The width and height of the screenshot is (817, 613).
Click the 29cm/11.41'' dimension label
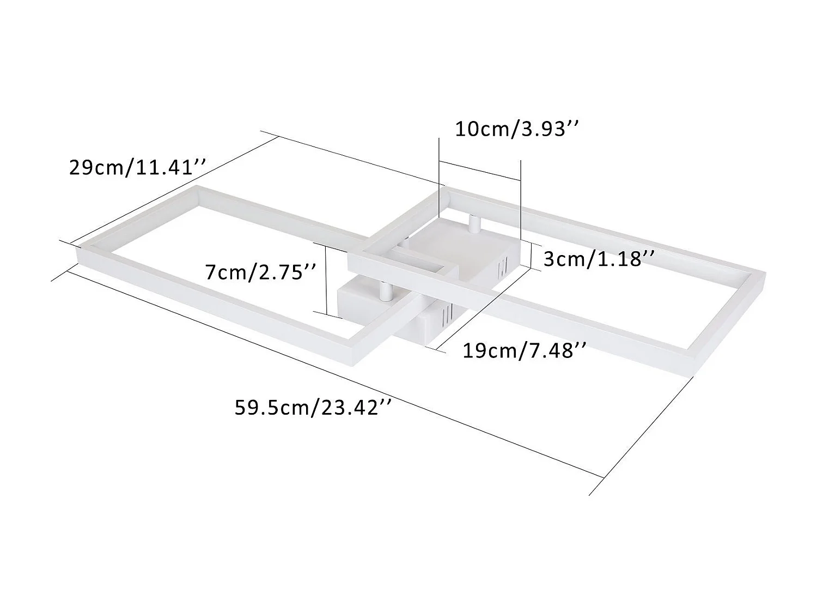coord(137,167)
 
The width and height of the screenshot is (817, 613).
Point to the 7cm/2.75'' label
coord(261,271)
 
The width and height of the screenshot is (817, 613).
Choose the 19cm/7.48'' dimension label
coord(525,350)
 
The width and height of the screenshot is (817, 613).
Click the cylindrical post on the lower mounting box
coord(386,292)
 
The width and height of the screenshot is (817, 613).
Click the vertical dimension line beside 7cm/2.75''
coord(326,279)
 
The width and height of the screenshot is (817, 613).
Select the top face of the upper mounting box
coord(463,240)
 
